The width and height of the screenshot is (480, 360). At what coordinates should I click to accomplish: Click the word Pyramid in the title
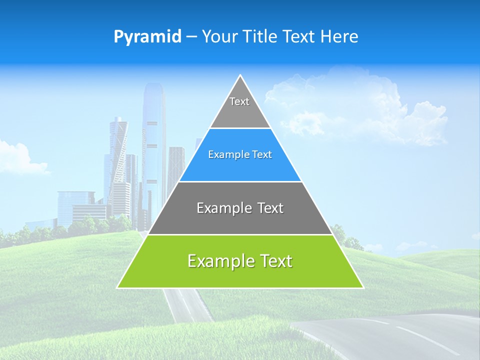point(147,37)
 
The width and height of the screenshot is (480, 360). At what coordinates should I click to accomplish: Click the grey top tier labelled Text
point(239,107)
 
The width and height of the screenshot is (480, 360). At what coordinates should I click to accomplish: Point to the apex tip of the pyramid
point(240,76)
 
